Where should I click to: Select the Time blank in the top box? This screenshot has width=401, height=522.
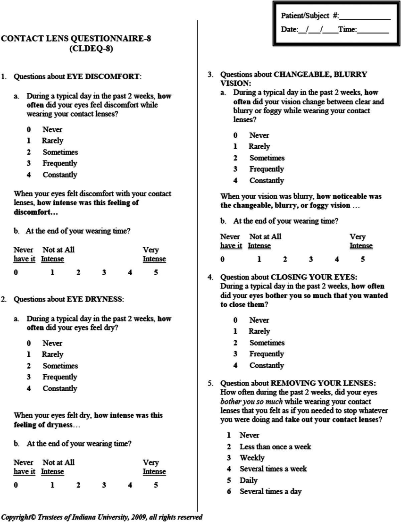click(x=373, y=30)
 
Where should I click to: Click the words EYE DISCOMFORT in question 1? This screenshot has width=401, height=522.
click(x=103, y=76)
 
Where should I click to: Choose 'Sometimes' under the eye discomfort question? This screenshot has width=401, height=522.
click(x=60, y=152)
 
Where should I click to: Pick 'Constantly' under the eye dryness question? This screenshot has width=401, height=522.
click(x=59, y=388)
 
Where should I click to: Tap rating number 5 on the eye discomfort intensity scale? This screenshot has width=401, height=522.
click(x=156, y=272)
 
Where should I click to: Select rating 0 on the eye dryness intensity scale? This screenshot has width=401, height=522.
click(x=16, y=485)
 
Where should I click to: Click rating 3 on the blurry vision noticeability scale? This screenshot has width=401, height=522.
click(x=311, y=259)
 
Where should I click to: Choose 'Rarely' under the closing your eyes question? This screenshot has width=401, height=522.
click(x=259, y=331)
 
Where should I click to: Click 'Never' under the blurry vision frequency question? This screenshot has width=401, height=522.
click(x=259, y=135)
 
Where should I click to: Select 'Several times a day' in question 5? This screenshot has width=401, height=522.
click(x=270, y=491)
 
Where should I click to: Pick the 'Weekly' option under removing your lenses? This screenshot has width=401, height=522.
click(x=252, y=458)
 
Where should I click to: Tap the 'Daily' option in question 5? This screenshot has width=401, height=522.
click(x=249, y=480)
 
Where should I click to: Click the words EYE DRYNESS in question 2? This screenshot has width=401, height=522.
click(x=94, y=299)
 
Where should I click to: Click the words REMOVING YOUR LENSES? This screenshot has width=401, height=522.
click(x=323, y=383)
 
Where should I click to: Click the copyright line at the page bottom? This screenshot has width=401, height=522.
click(x=101, y=517)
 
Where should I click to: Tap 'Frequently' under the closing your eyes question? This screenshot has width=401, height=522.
click(x=267, y=354)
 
